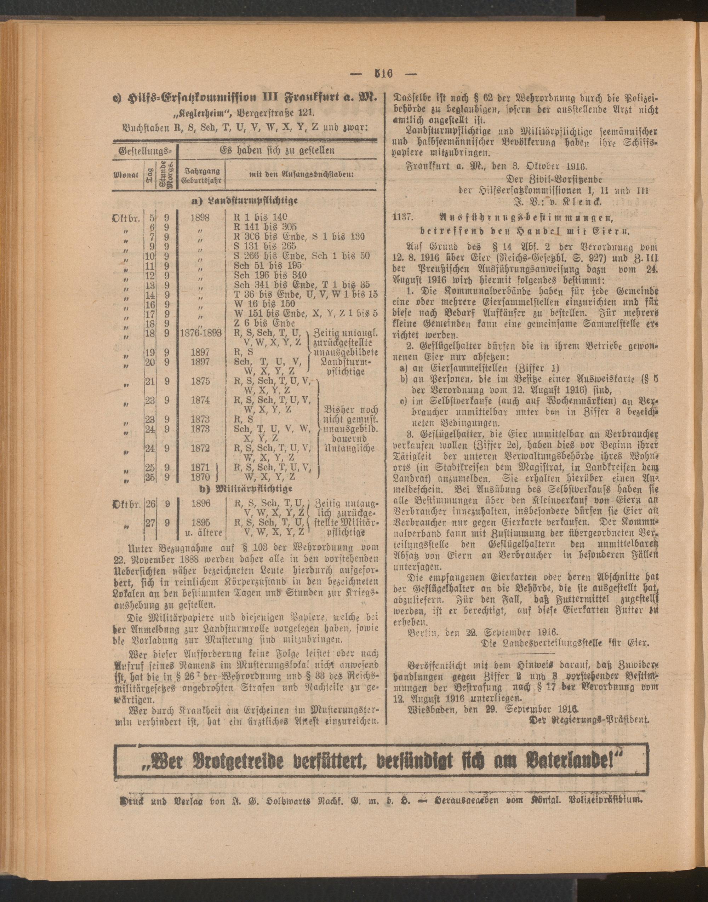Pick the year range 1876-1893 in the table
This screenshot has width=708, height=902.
click(201, 333)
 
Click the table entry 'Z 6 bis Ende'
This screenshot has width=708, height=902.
click(264, 323)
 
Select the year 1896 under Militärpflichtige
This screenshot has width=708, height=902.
click(200, 504)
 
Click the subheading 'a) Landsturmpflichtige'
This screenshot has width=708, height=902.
click(245, 201)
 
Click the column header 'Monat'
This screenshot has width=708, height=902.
click(126, 175)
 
